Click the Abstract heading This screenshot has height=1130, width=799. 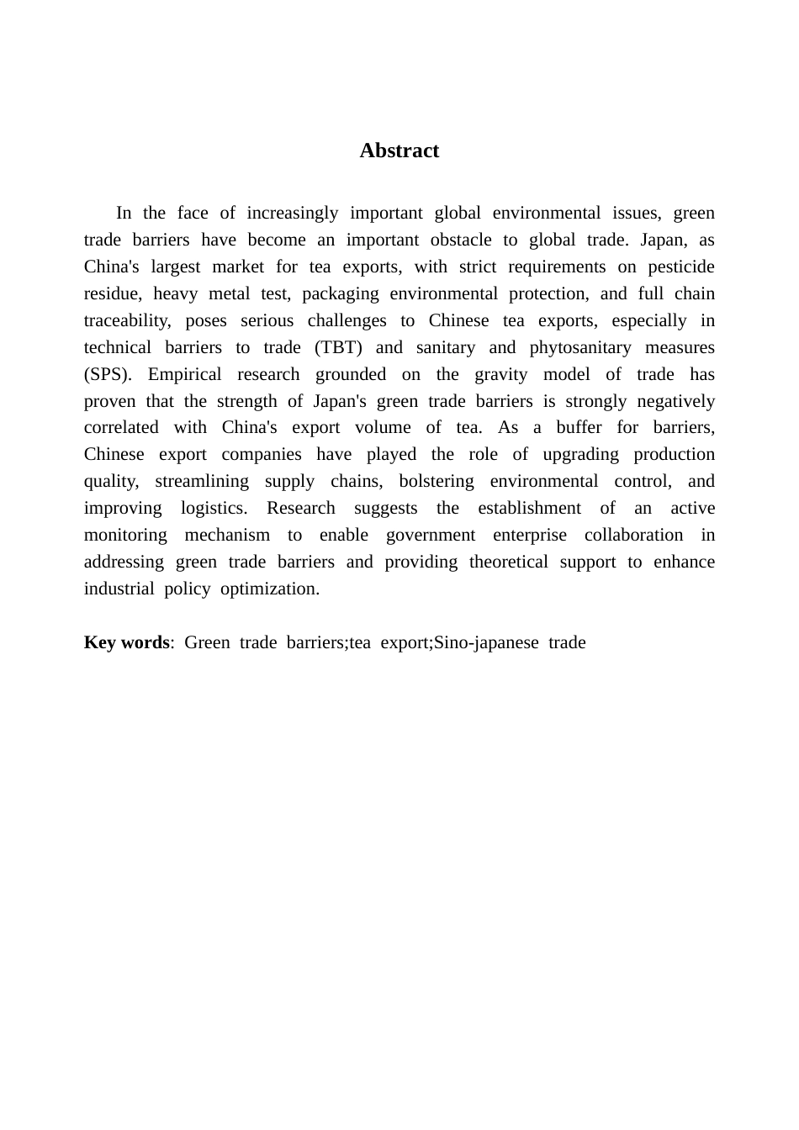click(x=399, y=150)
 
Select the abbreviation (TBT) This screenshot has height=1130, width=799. click(x=338, y=347)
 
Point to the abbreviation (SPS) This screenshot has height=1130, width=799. click(x=108, y=374)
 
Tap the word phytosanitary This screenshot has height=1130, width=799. click(x=580, y=347)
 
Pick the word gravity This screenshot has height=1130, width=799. click(x=500, y=374)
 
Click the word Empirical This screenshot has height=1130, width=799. click(x=184, y=374)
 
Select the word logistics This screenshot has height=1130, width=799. click(x=214, y=508)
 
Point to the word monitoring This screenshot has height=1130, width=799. click(x=125, y=535)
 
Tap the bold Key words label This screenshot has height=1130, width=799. click(x=127, y=642)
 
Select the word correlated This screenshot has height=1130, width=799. click(x=122, y=427)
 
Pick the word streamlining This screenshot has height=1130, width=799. click(x=202, y=481)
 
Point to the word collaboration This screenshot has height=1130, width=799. click(x=633, y=535)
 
